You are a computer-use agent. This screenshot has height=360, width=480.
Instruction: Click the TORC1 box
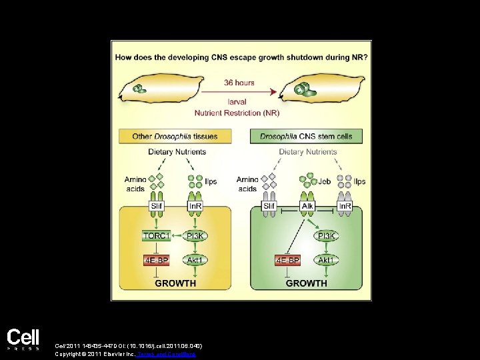click(157, 235)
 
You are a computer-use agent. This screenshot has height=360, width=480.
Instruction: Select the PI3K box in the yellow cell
click(196, 235)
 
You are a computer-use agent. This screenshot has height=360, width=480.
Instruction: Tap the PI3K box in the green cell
click(327, 235)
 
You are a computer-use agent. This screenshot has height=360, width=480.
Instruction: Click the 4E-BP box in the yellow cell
click(157, 259)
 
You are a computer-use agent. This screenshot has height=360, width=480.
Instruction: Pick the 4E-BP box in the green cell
click(288, 259)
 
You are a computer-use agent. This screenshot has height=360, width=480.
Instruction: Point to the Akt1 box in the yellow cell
click(196, 259)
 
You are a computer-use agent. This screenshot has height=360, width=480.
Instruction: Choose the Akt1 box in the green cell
click(327, 259)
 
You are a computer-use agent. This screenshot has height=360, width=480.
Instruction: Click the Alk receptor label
click(308, 207)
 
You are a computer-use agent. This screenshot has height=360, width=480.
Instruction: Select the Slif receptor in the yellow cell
click(157, 207)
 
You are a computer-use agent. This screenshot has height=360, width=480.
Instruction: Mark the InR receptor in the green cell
click(345, 207)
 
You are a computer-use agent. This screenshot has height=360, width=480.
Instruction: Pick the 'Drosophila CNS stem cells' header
click(306, 137)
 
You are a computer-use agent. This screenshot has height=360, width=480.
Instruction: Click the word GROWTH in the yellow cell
click(175, 283)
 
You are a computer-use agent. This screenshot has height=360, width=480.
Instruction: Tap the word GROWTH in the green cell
click(306, 283)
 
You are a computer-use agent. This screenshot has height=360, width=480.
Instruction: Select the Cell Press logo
click(23, 339)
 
